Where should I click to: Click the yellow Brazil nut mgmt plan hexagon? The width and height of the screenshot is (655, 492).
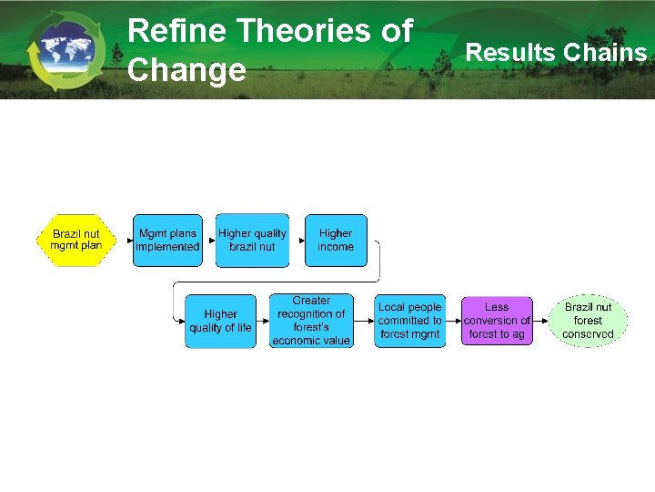(x=76, y=240)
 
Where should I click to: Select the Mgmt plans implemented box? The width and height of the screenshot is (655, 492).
(x=167, y=240)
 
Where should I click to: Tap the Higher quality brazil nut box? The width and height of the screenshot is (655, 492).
(x=252, y=240)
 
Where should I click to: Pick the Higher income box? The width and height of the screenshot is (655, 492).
(x=336, y=240)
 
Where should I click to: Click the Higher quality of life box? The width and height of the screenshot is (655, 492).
(x=220, y=321)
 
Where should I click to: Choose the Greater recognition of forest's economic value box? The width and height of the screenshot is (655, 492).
(x=311, y=321)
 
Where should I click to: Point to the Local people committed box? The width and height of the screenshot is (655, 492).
(x=410, y=321)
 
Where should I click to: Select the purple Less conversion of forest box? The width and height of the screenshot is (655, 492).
(x=497, y=321)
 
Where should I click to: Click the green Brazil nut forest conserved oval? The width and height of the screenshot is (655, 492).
(x=588, y=321)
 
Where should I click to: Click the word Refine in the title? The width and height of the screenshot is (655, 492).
(x=176, y=31)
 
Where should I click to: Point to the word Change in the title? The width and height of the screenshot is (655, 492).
(x=186, y=70)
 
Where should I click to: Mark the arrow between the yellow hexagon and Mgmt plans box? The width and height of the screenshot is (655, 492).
(x=125, y=240)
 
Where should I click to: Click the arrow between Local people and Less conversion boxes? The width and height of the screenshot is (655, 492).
(x=453, y=321)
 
